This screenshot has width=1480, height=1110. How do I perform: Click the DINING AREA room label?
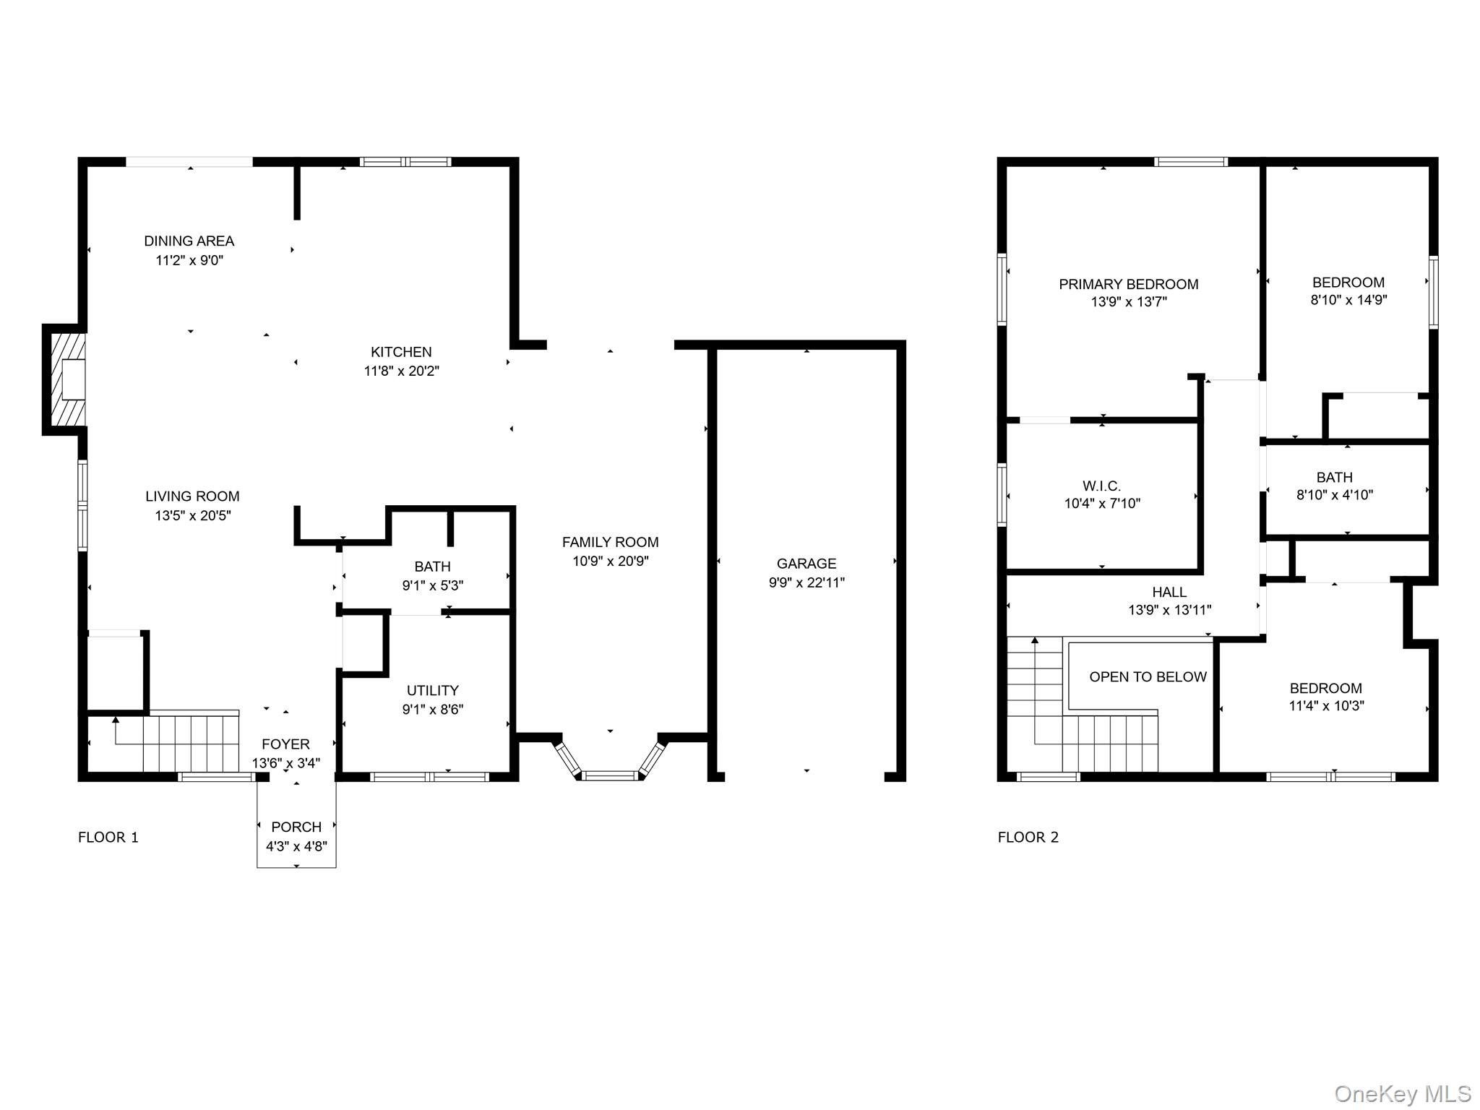(189, 241)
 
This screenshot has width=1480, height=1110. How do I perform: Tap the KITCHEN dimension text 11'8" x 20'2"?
(401, 371)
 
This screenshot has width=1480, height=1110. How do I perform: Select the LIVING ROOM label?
(192, 496)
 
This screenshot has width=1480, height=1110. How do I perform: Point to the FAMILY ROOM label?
(611, 542)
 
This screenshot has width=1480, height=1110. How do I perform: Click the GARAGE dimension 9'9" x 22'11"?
(806, 582)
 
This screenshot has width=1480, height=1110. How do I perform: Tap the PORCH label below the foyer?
(296, 827)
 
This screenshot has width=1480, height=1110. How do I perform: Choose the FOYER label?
(285, 744)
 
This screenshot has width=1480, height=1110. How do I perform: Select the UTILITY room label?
(433, 690)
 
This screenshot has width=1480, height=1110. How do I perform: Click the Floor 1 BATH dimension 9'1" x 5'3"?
(433, 585)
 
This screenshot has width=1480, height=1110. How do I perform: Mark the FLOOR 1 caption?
(108, 837)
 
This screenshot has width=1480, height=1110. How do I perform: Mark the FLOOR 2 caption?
(1028, 837)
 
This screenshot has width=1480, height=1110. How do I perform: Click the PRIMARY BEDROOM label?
(1129, 284)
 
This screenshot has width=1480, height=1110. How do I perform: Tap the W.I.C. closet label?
(1102, 486)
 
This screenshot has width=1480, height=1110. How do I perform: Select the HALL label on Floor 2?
(1170, 592)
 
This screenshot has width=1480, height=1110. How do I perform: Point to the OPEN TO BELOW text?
(1148, 676)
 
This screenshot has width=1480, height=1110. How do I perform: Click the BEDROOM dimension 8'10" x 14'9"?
(1349, 300)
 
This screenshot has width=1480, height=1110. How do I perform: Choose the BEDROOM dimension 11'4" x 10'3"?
(1326, 706)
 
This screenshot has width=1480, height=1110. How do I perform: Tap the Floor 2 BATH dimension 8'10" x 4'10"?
(1335, 495)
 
